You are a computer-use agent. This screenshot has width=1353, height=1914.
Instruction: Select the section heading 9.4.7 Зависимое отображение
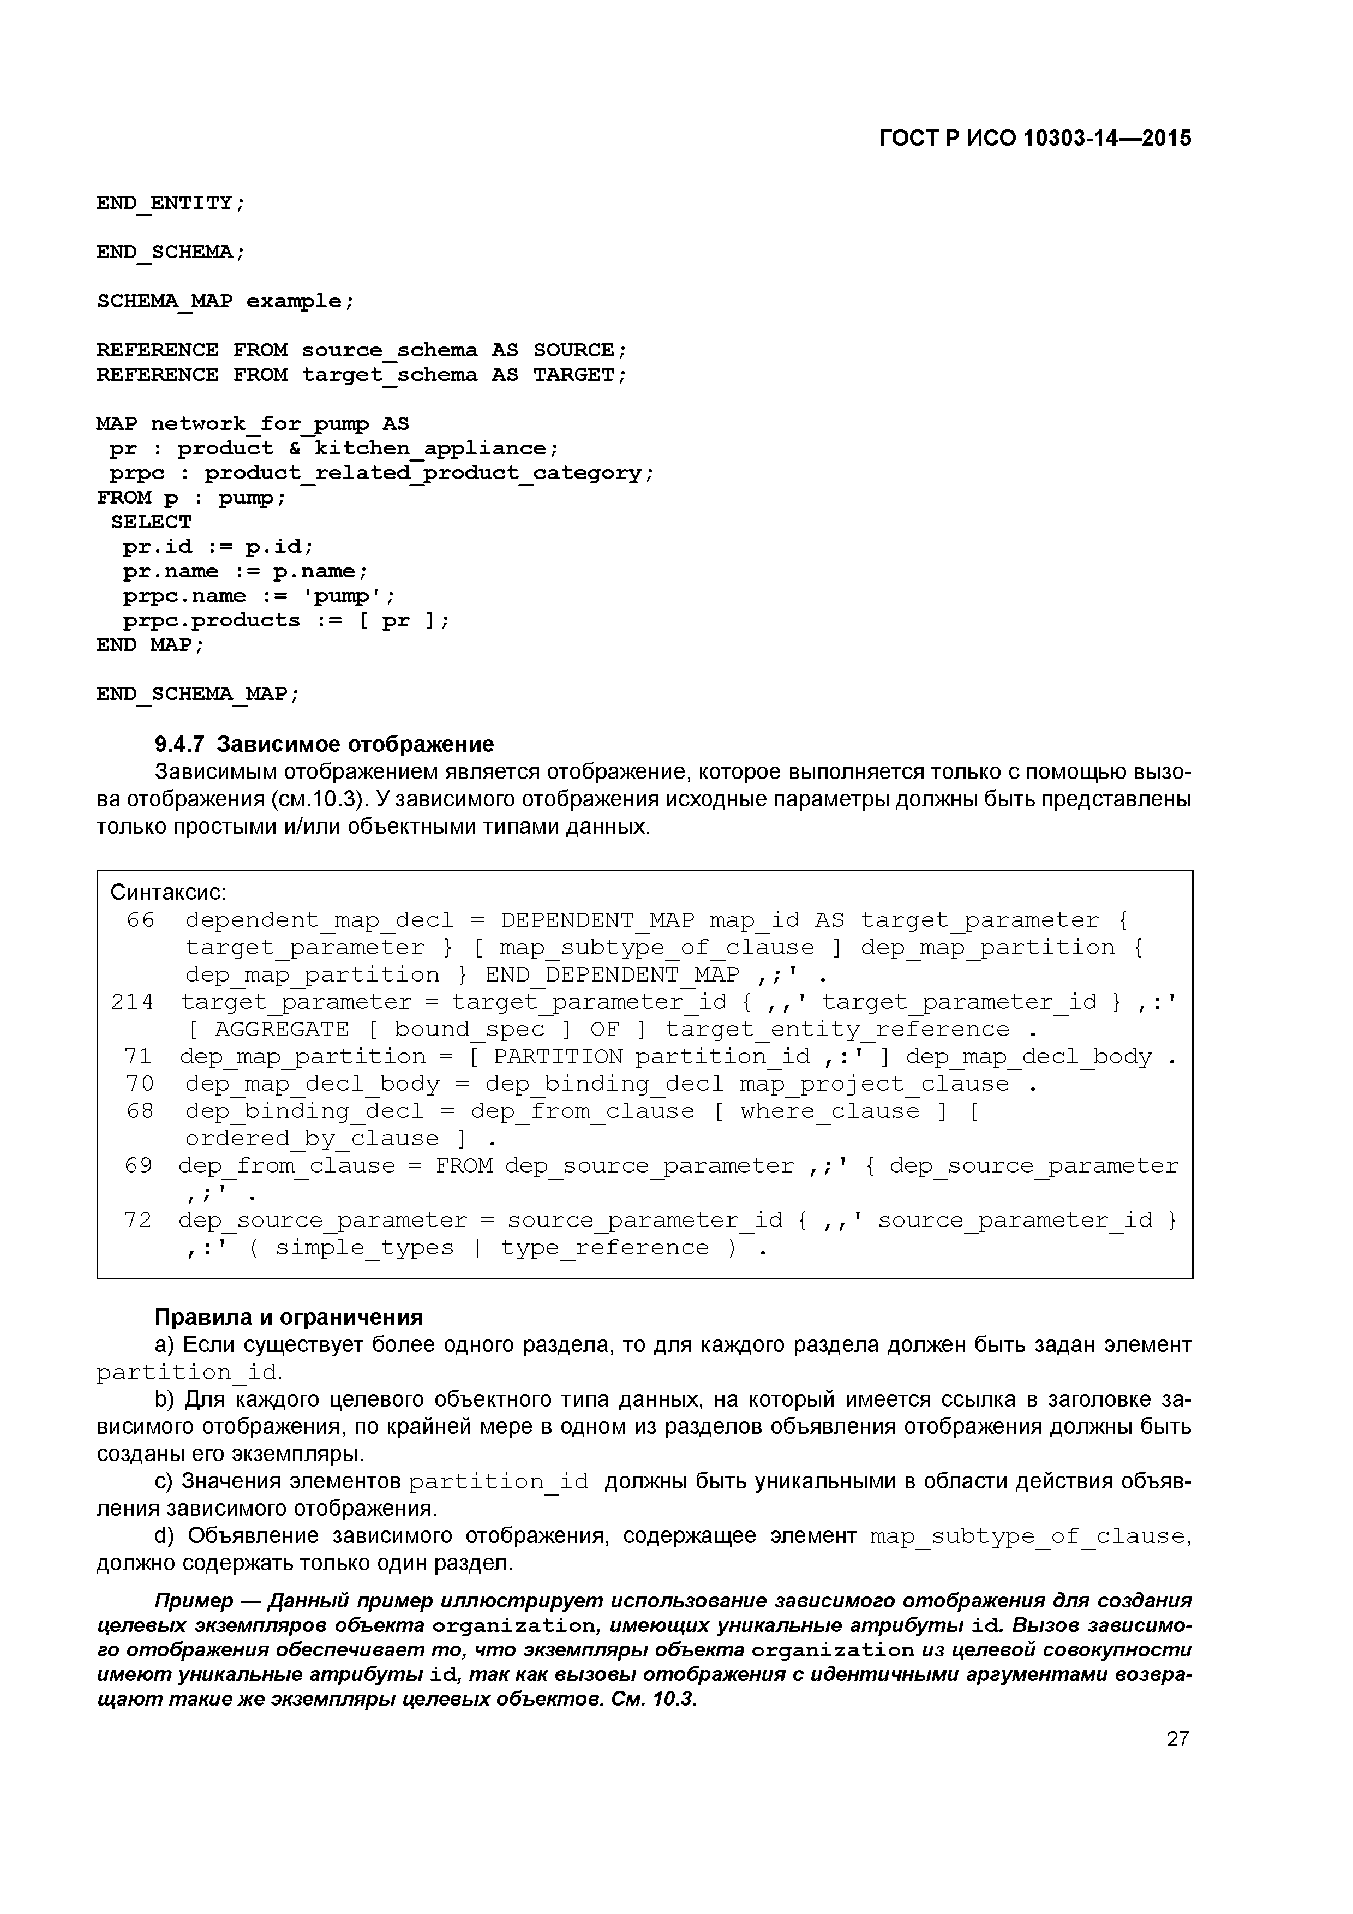[x=324, y=744]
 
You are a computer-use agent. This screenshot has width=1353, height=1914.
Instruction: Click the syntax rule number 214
[x=133, y=1002]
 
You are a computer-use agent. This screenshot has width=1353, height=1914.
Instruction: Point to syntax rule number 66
[x=140, y=920]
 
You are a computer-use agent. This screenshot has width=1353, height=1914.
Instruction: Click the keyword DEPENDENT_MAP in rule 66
[x=597, y=920]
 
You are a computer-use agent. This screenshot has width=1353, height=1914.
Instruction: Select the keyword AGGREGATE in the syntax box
[x=282, y=1030]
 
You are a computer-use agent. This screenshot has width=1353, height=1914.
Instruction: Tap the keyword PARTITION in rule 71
[x=558, y=1057]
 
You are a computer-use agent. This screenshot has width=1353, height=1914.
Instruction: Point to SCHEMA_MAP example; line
[x=225, y=301]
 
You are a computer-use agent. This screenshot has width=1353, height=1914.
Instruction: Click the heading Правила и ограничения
[x=289, y=1317]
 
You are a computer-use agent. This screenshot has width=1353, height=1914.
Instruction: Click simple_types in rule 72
[x=364, y=1248]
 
